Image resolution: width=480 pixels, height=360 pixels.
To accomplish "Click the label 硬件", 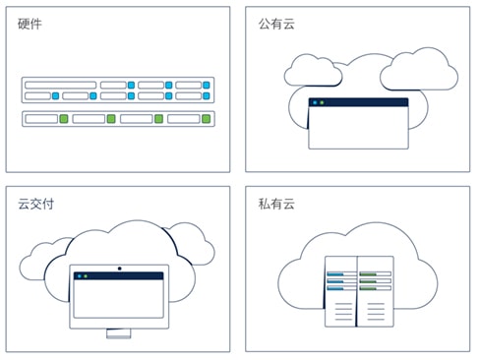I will [30, 24].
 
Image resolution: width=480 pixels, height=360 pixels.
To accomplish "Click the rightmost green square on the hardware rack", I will [206, 119].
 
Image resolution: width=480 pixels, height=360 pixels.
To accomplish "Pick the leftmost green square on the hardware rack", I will [63, 119].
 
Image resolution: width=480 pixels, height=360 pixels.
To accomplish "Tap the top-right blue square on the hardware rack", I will [206, 85].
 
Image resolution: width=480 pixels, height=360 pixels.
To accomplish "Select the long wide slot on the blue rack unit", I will [60, 85].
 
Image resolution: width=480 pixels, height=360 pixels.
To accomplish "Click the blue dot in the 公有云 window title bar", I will [315, 102].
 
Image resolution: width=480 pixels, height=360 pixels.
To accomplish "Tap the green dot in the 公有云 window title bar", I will [323, 102].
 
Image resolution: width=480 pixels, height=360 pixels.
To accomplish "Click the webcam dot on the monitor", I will [119, 268].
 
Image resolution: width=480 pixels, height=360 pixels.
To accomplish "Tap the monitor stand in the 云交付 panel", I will [119, 334].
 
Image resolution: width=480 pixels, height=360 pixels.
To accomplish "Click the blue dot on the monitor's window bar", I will [78, 276].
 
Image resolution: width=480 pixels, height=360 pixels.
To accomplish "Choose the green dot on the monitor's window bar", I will [86, 276].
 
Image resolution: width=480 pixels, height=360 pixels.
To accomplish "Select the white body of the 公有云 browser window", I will [358, 128].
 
